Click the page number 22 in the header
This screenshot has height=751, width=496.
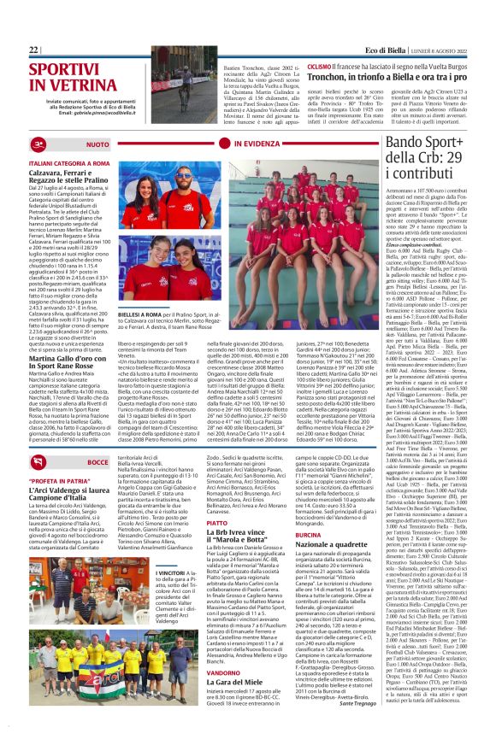[x=34, y=50]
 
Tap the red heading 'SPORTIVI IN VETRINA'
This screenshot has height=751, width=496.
[x=72, y=81]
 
